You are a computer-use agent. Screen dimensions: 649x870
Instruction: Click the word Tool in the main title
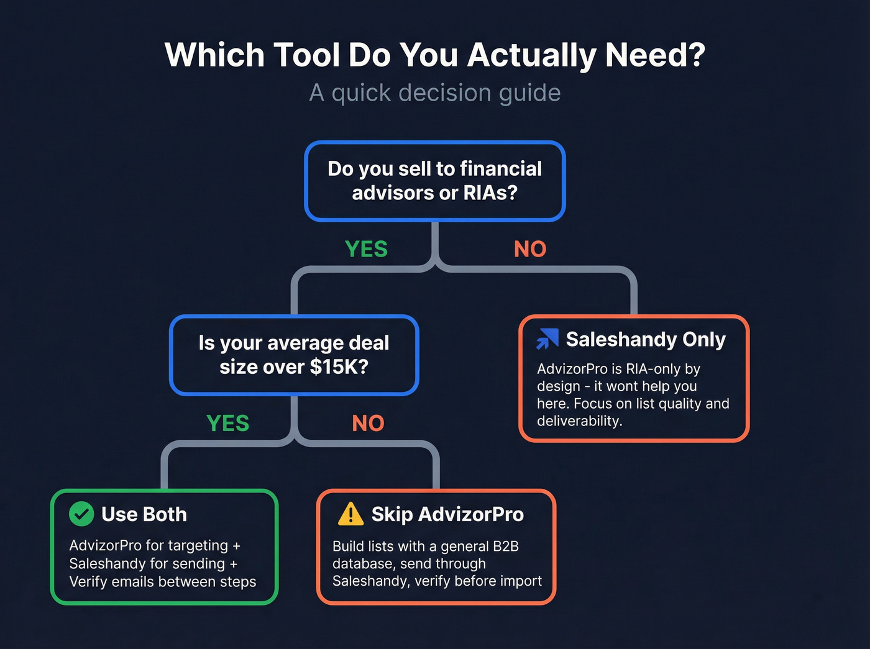point(306,55)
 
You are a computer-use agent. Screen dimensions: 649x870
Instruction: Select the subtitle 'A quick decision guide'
point(435,93)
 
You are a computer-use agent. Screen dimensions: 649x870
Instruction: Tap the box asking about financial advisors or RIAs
point(435,181)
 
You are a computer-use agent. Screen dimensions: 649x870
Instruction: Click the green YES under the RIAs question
point(366,249)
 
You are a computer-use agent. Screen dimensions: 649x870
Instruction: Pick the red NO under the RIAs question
point(530,249)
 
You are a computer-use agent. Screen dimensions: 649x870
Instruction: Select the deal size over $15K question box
point(294,355)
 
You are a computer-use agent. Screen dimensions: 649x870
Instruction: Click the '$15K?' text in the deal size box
point(339,367)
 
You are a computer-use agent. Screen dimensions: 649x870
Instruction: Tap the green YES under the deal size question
point(227,424)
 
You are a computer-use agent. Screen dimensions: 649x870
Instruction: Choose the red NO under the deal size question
point(368,424)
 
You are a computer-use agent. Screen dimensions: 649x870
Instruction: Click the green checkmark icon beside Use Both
point(81,514)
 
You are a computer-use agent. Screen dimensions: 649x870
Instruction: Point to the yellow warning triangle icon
point(350,514)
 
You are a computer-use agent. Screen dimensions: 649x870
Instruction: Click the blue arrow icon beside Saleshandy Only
point(547,339)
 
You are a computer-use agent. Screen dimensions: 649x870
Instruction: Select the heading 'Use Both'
point(144,514)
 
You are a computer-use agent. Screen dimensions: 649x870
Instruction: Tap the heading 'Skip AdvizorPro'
point(447,514)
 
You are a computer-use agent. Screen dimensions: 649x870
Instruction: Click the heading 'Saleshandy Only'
point(646,339)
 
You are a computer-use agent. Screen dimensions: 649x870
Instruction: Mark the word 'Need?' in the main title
point(655,55)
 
